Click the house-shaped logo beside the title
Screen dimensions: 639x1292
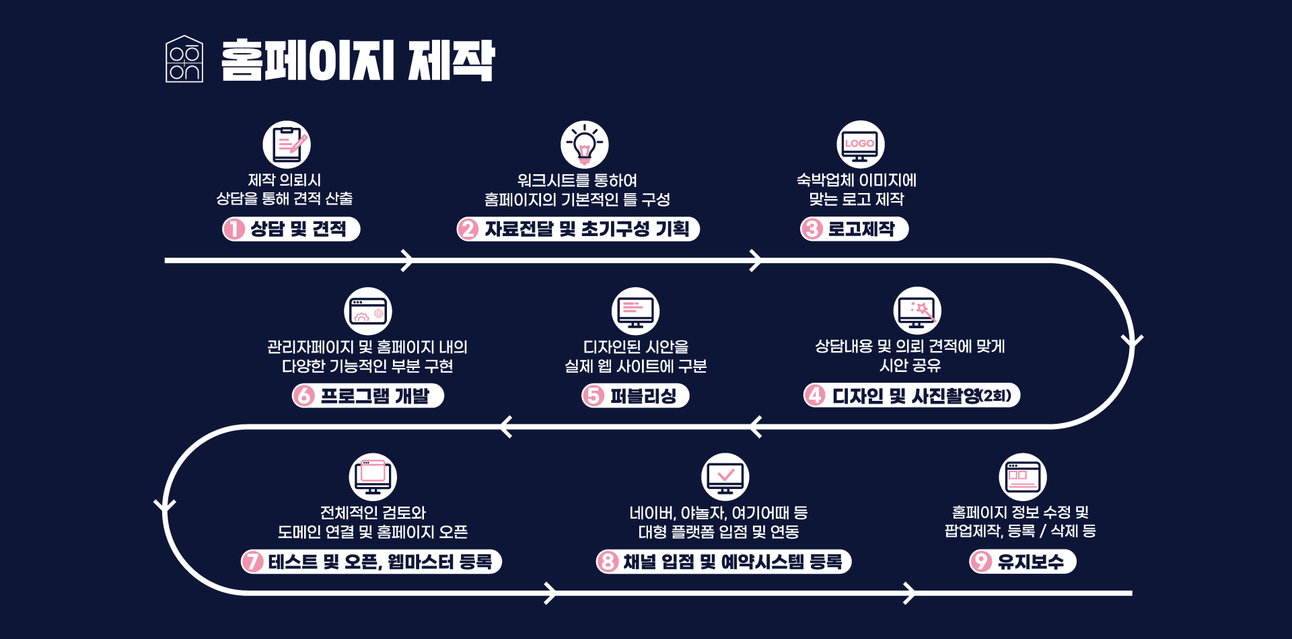click(x=184, y=59)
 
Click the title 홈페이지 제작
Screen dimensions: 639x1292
click(x=358, y=61)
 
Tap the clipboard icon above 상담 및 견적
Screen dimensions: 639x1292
click(x=287, y=145)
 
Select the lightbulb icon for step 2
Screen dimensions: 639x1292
click(x=585, y=145)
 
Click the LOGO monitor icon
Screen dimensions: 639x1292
click(x=860, y=145)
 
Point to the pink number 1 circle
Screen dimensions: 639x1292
click(x=234, y=229)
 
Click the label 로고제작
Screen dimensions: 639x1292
click(x=861, y=229)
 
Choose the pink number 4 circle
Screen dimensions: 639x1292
click(x=816, y=396)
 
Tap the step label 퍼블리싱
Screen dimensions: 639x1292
click(x=643, y=396)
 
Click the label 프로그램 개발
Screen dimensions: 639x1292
click(x=375, y=396)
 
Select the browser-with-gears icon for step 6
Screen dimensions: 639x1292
click(x=368, y=311)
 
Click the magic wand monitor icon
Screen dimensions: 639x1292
click(x=917, y=311)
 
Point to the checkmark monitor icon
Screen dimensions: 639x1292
click(x=725, y=477)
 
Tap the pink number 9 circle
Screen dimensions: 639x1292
click(x=981, y=562)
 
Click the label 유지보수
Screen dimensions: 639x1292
click(x=1031, y=562)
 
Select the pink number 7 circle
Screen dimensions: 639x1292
click(x=253, y=562)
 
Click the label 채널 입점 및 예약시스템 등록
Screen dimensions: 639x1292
click(x=733, y=562)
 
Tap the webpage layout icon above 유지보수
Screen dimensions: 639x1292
click(x=1023, y=477)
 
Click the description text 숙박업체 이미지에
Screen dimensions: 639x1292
click(x=857, y=180)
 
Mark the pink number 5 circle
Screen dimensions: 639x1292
click(x=594, y=396)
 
